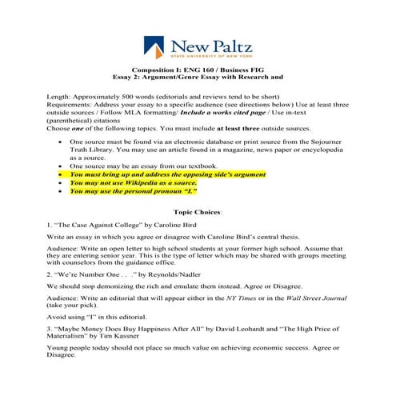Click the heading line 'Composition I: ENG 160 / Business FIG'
[x=198, y=70]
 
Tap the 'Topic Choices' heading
[x=198, y=213]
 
